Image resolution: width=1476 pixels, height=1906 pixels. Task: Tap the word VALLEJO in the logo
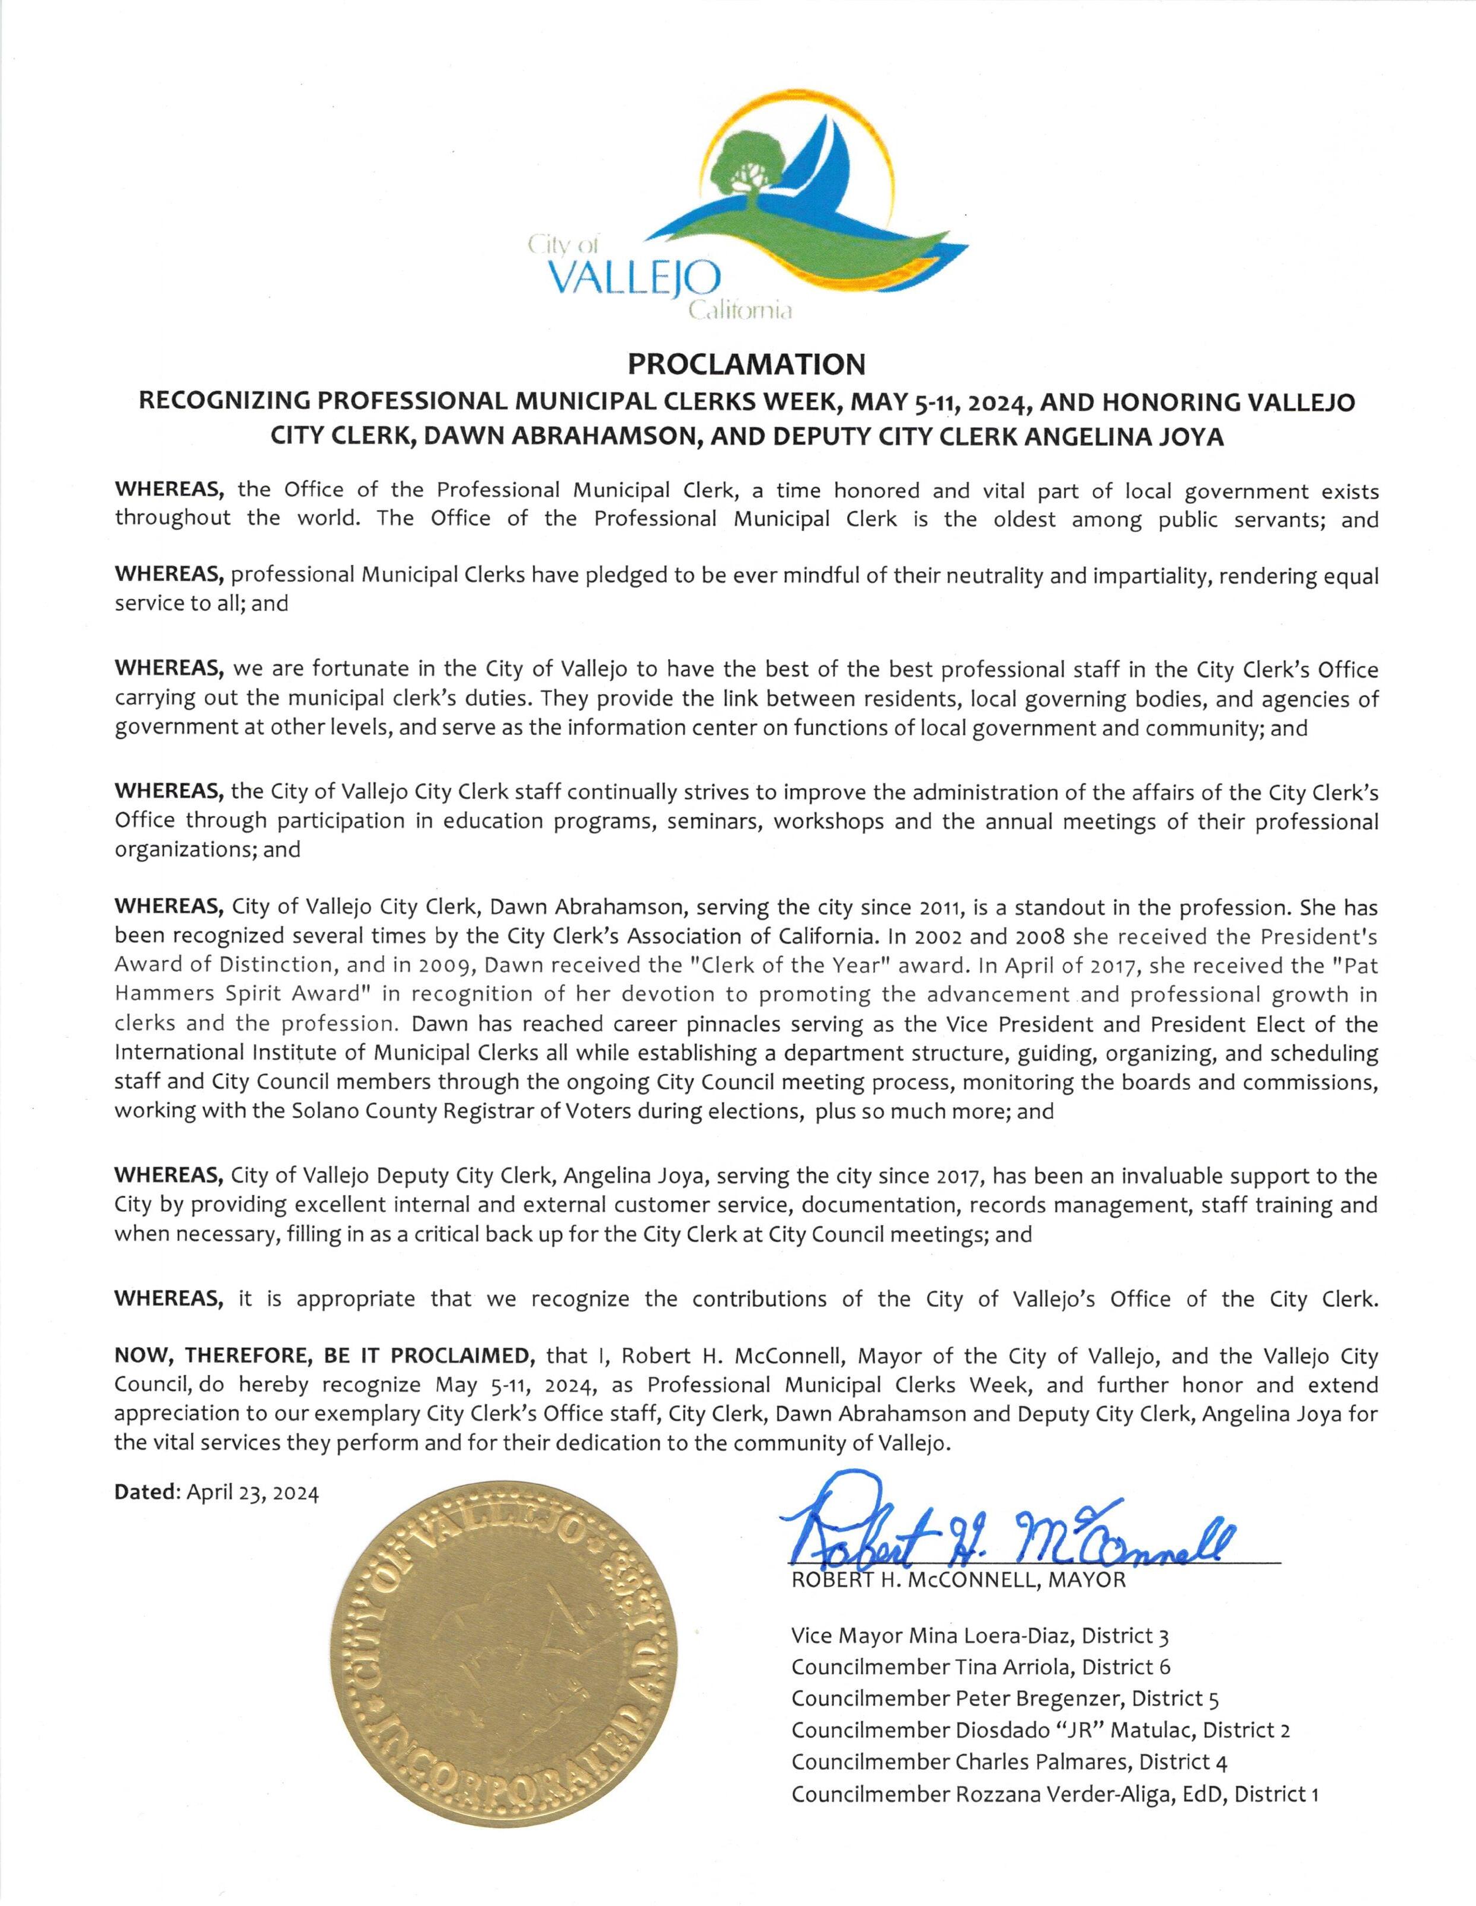[634, 281]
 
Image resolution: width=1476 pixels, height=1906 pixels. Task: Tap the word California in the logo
[740, 311]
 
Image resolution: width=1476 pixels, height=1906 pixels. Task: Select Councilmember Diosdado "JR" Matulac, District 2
[1040, 1730]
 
